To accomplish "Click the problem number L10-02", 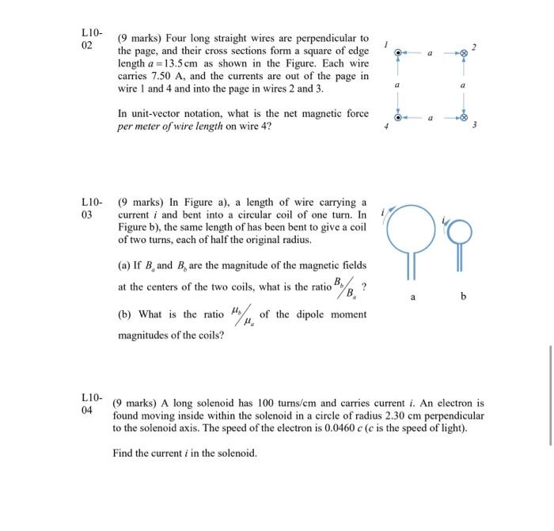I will pos(92,39).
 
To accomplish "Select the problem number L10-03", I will pos(92,208).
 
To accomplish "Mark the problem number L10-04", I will pos(92,401).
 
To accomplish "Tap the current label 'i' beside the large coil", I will pos(383,212).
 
